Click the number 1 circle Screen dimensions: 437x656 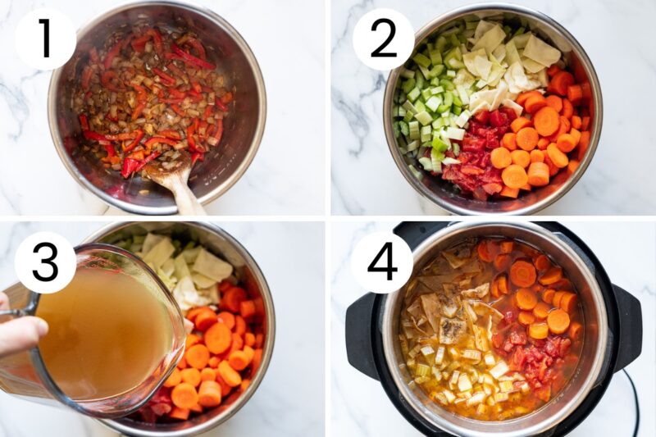(45, 39)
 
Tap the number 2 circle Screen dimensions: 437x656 (383, 39)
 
